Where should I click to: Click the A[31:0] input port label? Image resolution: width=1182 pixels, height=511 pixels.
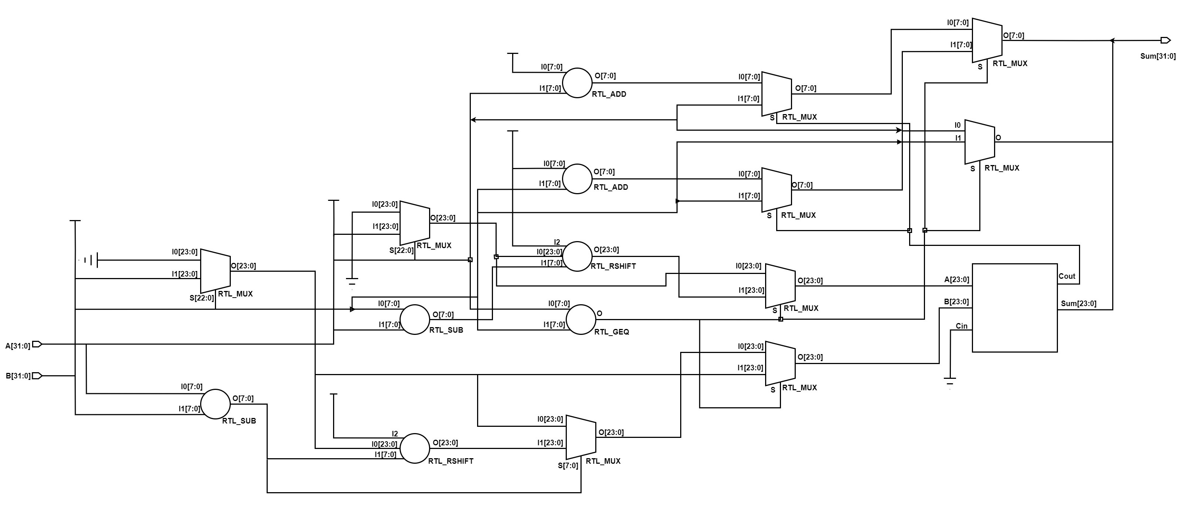(x=18, y=346)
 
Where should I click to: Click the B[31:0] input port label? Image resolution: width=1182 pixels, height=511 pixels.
(x=18, y=376)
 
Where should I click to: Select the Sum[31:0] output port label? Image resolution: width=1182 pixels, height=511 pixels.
(x=1158, y=56)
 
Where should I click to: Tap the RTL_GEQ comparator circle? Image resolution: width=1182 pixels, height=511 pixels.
(x=580, y=320)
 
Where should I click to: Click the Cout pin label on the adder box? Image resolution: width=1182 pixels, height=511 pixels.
(x=1066, y=276)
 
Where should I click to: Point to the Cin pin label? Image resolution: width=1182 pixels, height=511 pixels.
(x=961, y=326)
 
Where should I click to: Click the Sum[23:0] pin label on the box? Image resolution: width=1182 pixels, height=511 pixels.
(x=1078, y=303)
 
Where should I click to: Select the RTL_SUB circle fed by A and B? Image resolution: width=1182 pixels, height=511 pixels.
(x=215, y=404)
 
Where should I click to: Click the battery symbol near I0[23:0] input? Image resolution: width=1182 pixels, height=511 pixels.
(x=90, y=261)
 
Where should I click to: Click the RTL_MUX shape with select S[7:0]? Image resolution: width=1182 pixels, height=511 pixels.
(x=580, y=437)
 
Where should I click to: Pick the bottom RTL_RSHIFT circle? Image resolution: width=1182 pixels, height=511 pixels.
(x=415, y=448)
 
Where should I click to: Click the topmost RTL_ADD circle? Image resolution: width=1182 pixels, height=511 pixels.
(x=577, y=83)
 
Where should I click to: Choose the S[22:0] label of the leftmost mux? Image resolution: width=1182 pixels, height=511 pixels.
(x=202, y=298)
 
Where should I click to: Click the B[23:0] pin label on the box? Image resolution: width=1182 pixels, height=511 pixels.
(x=956, y=302)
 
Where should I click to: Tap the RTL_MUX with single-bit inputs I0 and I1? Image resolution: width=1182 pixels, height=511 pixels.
(x=979, y=142)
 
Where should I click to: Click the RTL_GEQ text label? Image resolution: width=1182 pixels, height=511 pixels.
(x=611, y=332)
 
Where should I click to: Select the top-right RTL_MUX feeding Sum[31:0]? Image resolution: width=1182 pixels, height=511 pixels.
(x=987, y=40)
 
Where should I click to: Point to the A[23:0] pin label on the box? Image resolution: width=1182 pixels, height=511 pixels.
(x=956, y=280)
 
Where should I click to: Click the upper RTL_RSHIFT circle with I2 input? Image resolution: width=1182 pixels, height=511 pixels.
(x=577, y=256)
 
